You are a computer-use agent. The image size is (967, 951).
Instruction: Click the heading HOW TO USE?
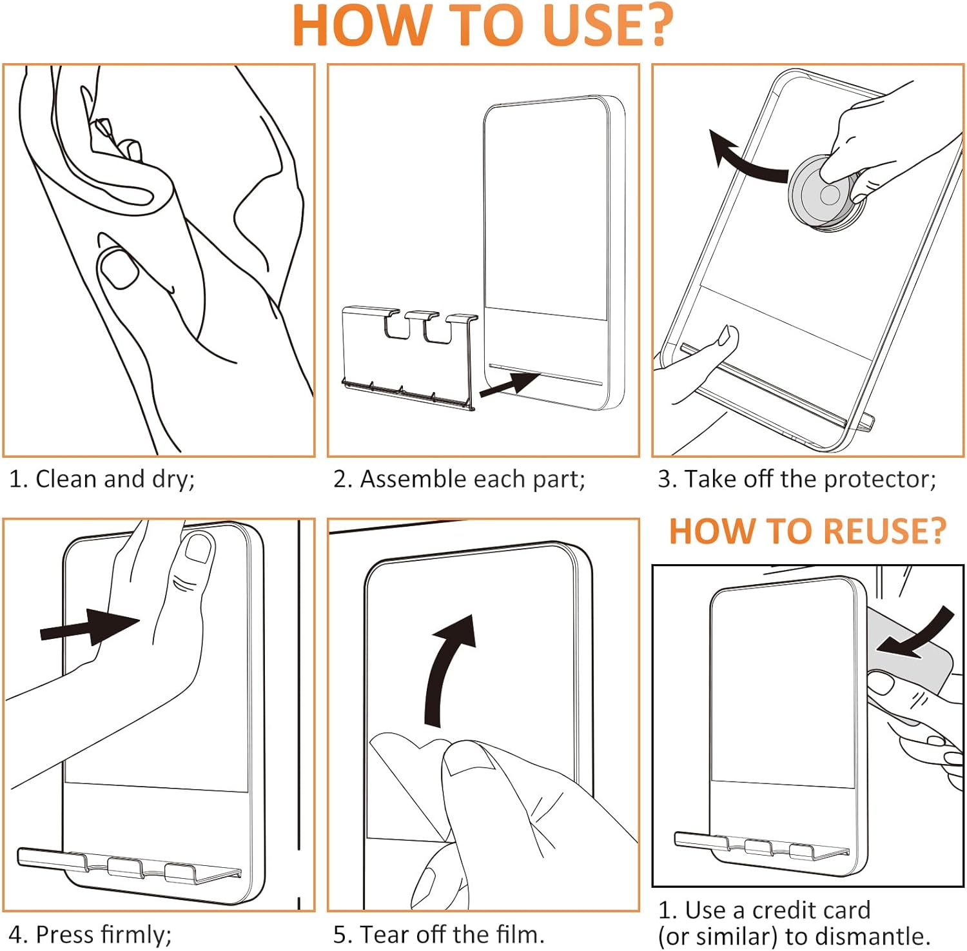(483, 26)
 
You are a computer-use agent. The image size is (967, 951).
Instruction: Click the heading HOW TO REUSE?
(808, 532)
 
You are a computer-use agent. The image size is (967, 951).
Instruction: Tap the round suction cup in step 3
(827, 192)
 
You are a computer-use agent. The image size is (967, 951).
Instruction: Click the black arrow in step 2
(509, 386)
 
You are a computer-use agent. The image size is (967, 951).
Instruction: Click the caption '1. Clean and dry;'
(102, 480)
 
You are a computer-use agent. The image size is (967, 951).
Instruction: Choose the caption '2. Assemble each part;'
(459, 480)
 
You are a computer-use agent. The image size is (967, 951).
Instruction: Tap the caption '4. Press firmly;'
(90, 934)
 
